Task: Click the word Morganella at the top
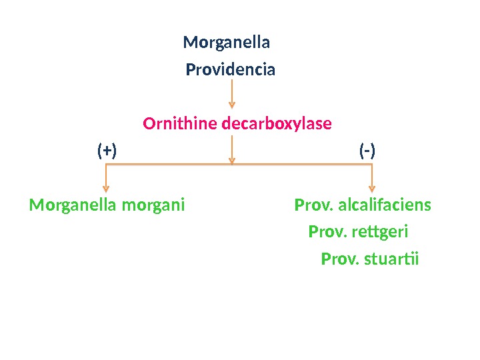click(x=226, y=43)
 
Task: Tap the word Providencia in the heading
click(x=230, y=70)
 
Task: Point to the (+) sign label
click(x=107, y=151)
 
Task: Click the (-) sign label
click(x=367, y=151)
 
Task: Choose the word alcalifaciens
click(x=385, y=205)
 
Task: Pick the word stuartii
click(x=391, y=259)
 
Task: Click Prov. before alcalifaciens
click(x=314, y=205)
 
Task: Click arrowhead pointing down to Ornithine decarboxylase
click(x=231, y=103)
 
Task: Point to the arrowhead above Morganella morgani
click(x=105, y=187)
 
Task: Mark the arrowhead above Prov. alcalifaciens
click(x=372, y=187)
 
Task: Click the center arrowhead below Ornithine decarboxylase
click(x=231, y=159)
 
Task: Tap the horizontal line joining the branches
click(x=167, y=165)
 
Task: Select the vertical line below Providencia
click(x=231, y=90)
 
